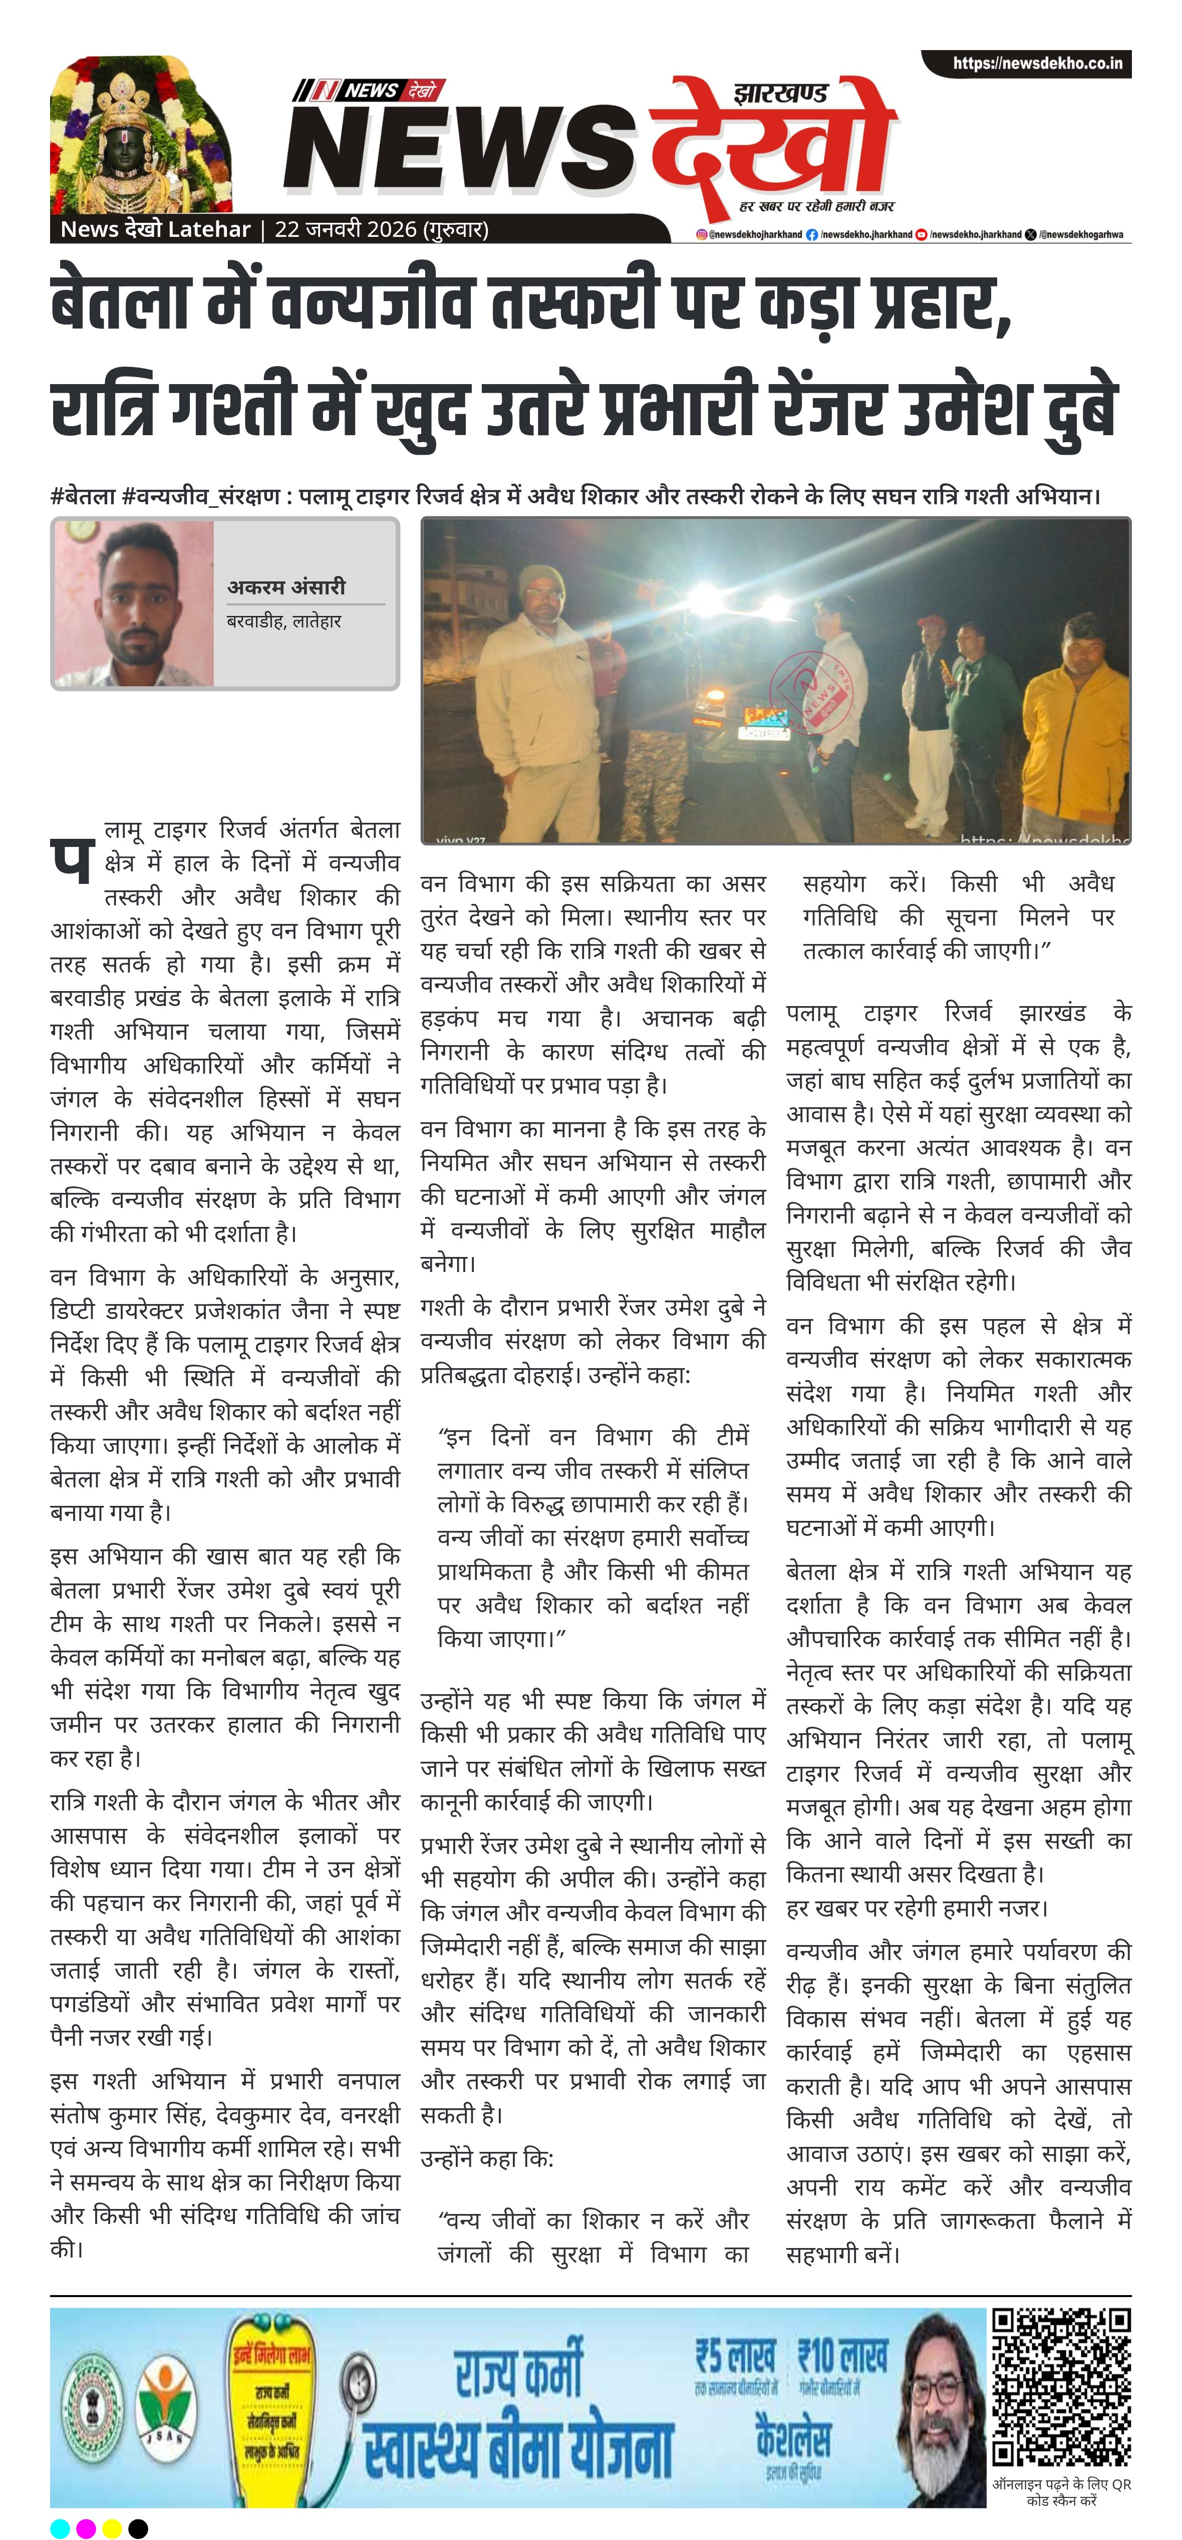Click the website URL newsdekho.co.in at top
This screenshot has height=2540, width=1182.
point(1036,63)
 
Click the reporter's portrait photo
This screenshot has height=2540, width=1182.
point(133,603)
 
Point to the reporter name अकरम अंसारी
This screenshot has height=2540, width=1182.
point(286,587)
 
